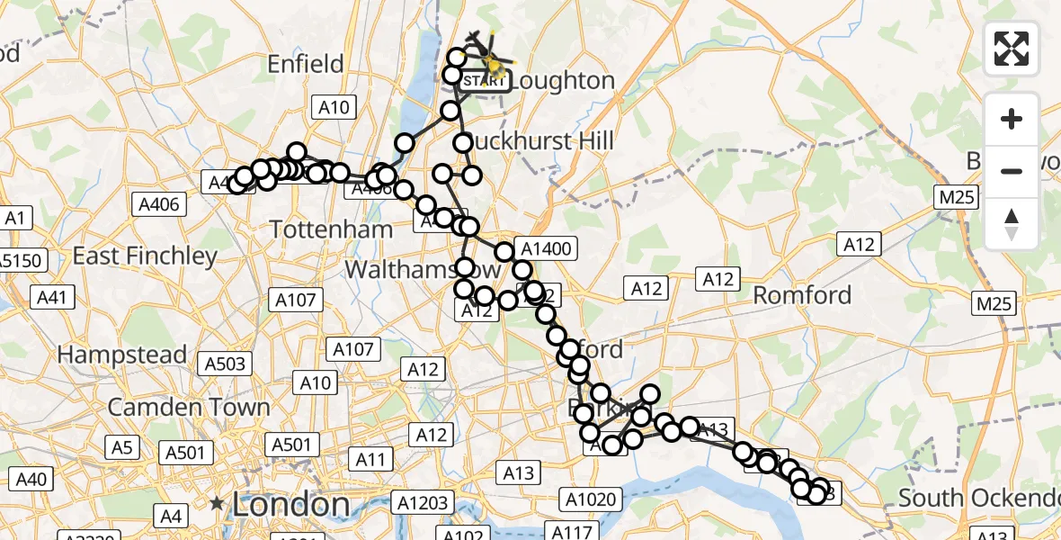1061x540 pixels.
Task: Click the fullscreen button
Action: [x=1012, y=48]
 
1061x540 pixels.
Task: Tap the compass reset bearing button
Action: [x=1012, y=224]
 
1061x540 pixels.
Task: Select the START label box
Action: [x=485, y=82]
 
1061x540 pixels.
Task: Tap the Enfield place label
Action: [x=306, y=64]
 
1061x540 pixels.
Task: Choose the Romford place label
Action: [x=801, y=294]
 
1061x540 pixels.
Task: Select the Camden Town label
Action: [x=189, y=407]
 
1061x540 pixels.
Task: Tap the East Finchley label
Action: [x=146, y=256]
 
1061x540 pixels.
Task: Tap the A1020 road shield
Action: [x=590, y=499]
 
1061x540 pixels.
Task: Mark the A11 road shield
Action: [x=370, y=461]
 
